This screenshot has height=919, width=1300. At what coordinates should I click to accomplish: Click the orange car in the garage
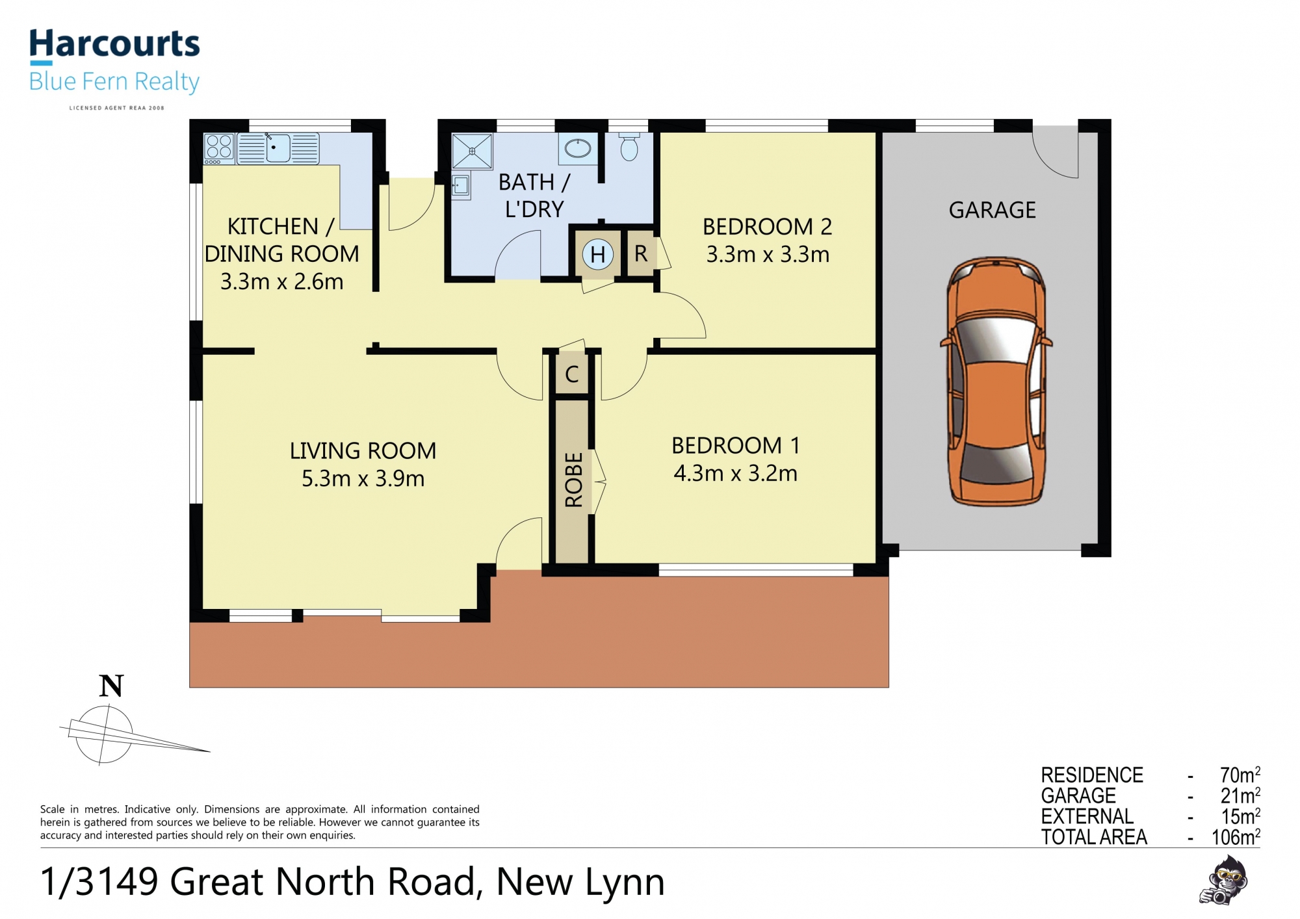pyautogui.click(x=996, y=382)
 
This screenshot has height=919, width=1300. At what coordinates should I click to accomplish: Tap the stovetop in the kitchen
pyautogui.click(x=219, y=149)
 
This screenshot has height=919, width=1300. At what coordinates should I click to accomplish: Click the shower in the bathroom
pyautogui.click(x=473, y=151)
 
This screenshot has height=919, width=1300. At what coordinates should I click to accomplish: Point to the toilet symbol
pyautogui.click(x=629, y=146)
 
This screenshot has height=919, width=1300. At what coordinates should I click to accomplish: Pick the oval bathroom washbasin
pyautogui.click(x=578, y=149)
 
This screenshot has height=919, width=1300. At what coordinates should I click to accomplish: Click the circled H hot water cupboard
pyautogui.click(x=598, y=254)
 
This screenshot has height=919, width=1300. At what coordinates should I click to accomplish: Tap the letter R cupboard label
pyautogui.click(x=641, y=254)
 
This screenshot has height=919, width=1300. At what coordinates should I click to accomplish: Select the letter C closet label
pyautogui.click(x=572, y=374)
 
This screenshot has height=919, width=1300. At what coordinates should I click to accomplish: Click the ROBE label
pyautogui.click(x=574, y=480)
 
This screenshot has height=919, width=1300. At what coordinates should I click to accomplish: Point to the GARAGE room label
pyautogui.click(x=993, y=210)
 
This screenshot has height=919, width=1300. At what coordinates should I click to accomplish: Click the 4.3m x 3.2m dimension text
pyautogui.click(x=736, y=473)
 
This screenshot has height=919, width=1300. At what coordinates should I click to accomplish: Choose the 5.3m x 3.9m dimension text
pyautogui.click(x=363, y=478)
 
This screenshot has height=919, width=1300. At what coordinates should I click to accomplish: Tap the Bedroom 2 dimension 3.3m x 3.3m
pyautogui.click(x=768, y=254)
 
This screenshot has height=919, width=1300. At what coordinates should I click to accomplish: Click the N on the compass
pyautogui.click(x=111, y=686)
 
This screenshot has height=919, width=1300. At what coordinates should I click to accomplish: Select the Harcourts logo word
pyautogui.click(x=114, y=44)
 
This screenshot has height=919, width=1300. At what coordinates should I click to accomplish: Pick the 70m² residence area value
pyautogui.click(x=1240, y=775)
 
